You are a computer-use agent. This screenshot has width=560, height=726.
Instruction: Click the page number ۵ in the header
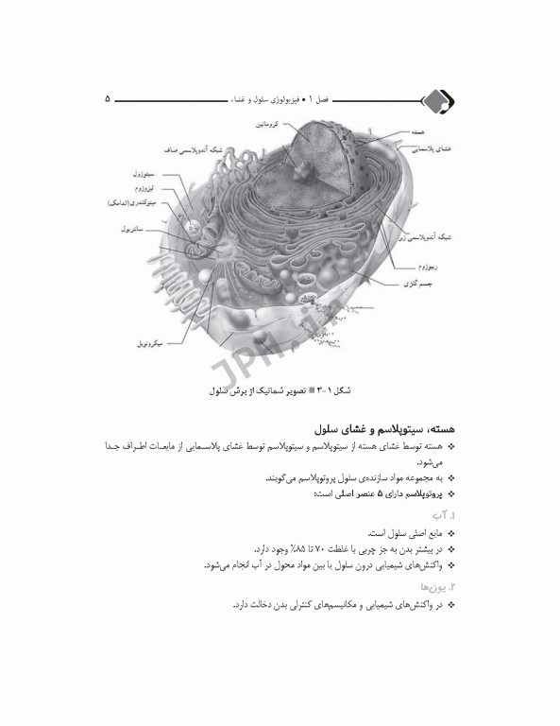pos(108,97)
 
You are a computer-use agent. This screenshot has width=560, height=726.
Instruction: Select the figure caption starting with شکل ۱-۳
pos(280,389)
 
